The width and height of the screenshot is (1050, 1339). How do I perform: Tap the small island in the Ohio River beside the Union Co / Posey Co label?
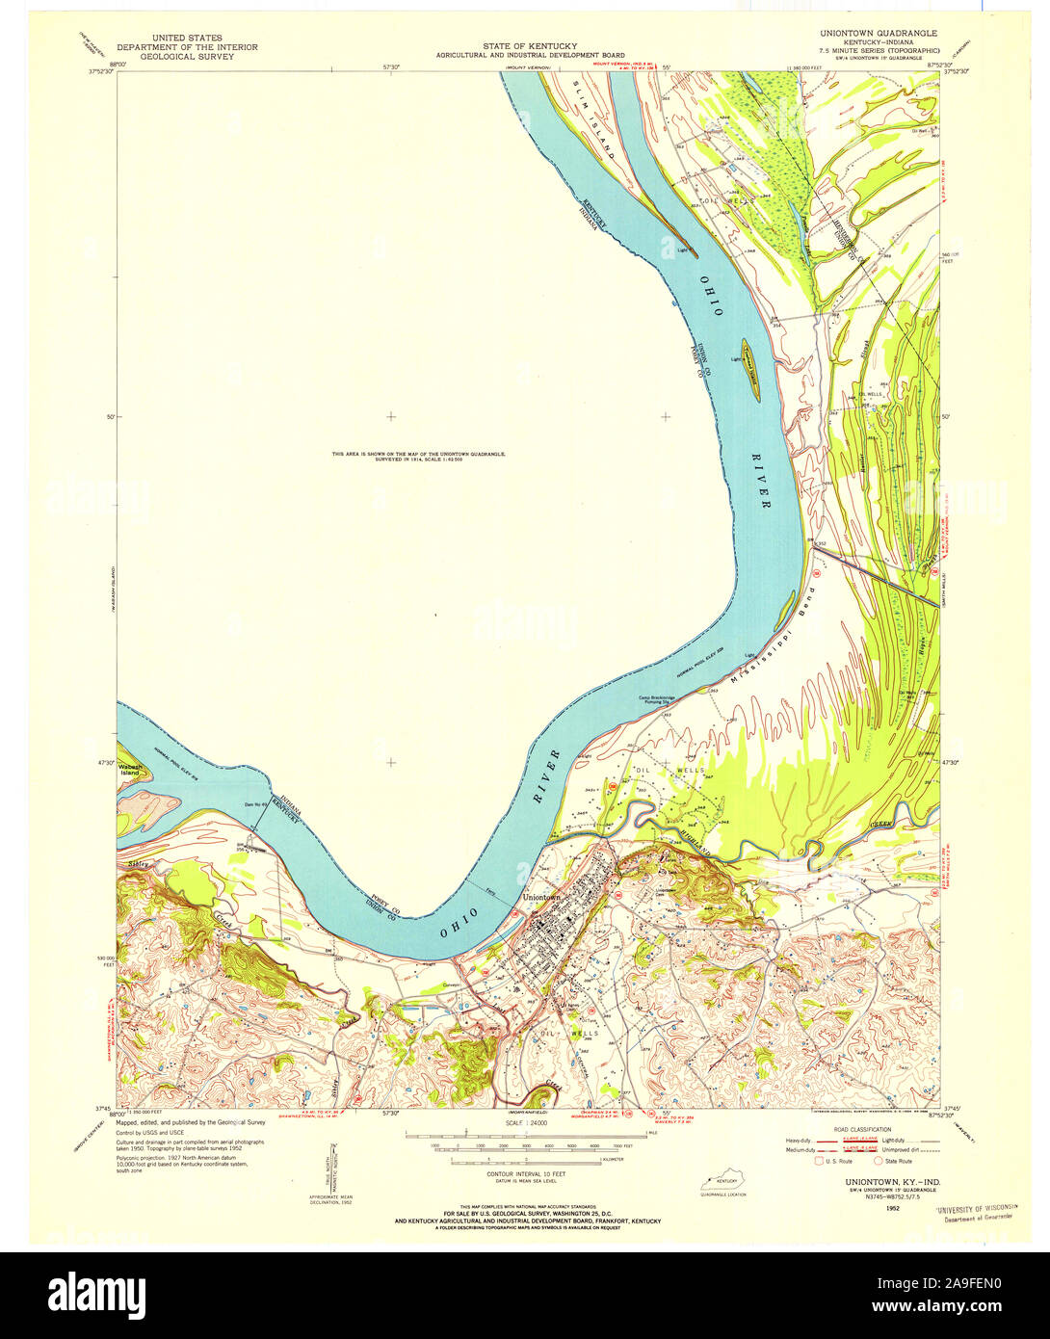pos(749,369)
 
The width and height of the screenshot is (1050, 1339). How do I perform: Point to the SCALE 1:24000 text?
pos(525,1123)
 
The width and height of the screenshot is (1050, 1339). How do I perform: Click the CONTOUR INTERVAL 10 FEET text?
pos(525,1174)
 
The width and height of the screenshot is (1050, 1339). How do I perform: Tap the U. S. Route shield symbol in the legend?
pos(820,1161)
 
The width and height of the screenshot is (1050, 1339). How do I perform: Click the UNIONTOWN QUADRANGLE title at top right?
pos(878,33)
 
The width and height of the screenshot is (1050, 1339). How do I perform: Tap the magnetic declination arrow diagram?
pos(333,1164)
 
